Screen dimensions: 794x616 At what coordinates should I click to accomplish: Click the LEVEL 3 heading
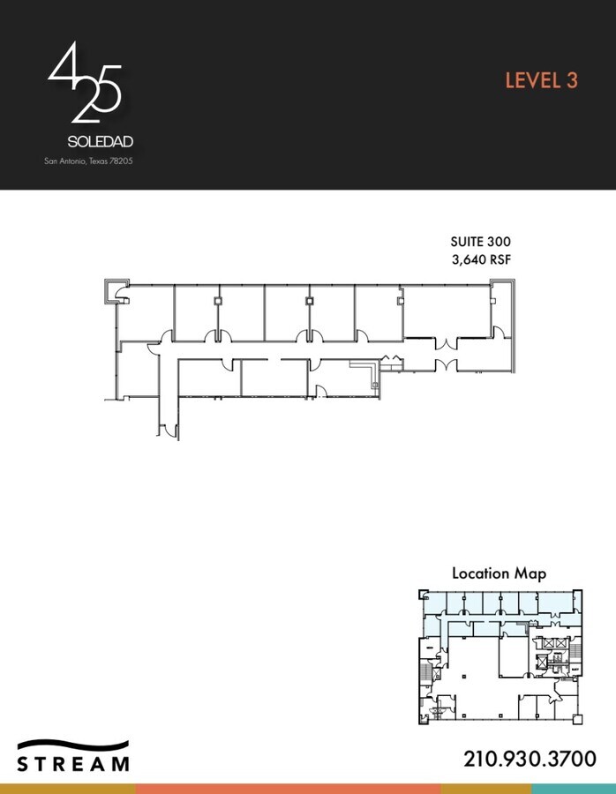(x=541, y=80)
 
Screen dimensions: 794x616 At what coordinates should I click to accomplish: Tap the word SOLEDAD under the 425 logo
(x=100, y=141)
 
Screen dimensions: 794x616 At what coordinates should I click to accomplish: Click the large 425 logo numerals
(x=84, y=84)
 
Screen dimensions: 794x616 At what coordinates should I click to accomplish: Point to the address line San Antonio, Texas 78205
(x=88, y=161)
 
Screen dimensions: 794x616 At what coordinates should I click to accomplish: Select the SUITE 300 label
(x=480, y=242)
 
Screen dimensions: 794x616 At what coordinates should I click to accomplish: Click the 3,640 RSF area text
(x=481, y=259)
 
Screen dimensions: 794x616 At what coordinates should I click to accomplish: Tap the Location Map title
(x=499, y=573)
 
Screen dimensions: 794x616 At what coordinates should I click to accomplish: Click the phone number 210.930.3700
(x=530, y=758)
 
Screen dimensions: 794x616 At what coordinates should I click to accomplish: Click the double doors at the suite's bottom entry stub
(x=167, y=431)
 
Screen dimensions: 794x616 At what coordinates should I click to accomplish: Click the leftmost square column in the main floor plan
(x=217, y=302)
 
